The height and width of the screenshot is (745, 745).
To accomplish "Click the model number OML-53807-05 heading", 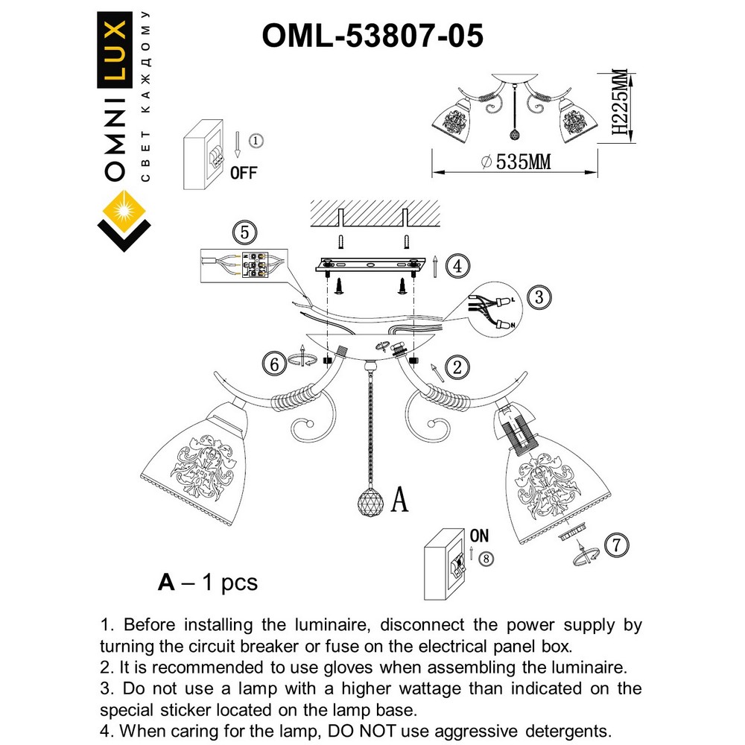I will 372,34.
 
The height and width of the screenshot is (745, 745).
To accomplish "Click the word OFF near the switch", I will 244,173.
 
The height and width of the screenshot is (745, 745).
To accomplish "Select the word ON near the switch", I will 479,536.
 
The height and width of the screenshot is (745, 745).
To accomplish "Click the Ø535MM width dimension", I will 516,162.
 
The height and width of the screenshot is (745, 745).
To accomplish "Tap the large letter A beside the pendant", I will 399,500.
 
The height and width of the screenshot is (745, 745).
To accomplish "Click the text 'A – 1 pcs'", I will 208,582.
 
